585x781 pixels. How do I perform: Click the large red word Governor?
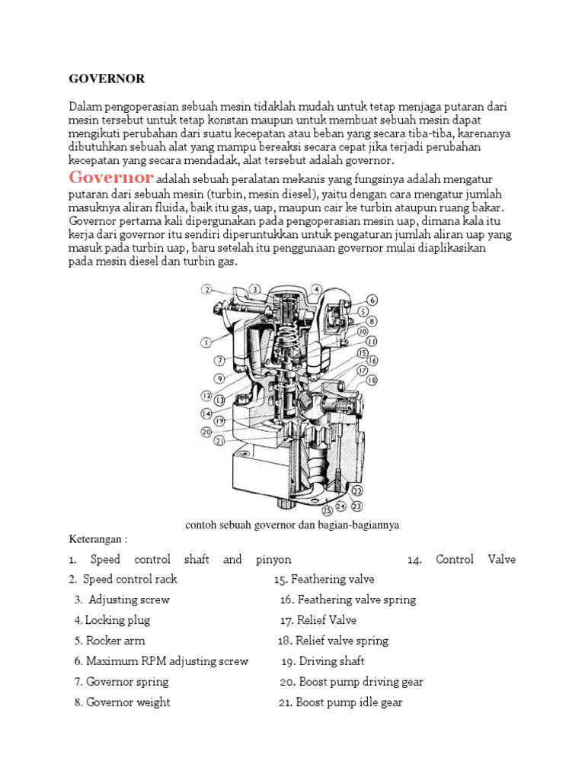[x=111, y=178]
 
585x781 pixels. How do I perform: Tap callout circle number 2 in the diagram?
[x=206, y=289]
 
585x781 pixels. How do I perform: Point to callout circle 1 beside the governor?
[x=206, y=342]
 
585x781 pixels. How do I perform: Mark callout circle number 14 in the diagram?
[x=206, y=413]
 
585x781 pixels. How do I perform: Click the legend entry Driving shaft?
[x=323, y=661]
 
